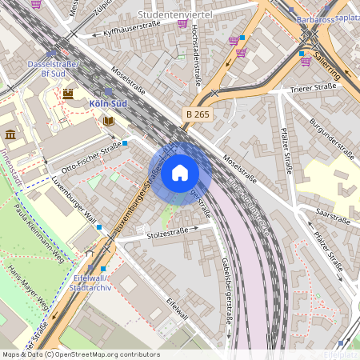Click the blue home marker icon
tap(180, 173)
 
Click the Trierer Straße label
tap(314, 88)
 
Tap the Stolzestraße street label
tap(168, 234)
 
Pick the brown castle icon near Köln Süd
tap(68, 93)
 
